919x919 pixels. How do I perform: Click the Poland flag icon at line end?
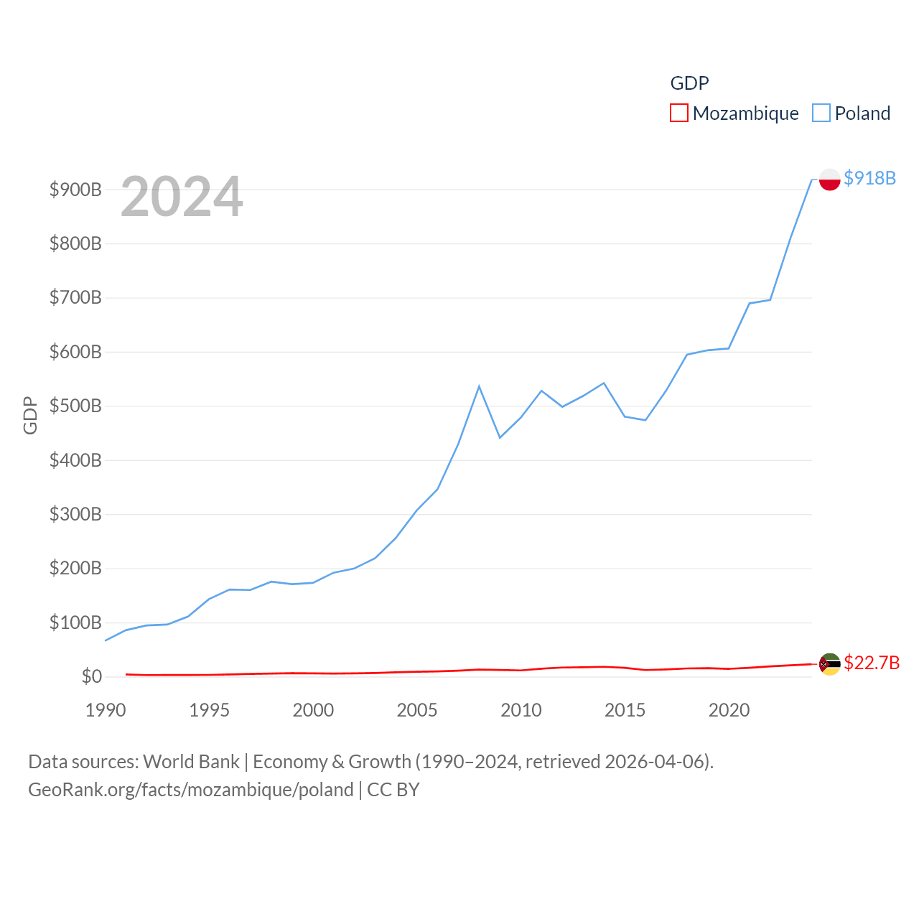point(829,179)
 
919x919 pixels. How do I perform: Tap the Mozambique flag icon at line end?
point(829,663)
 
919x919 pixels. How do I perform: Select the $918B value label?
point(869,178)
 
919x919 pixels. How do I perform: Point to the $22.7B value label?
point(871,663)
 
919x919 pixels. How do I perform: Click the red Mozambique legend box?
point(678,113)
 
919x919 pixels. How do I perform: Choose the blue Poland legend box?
point(821,113)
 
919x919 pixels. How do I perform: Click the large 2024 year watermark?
point(182,197)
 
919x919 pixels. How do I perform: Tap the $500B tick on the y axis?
point(75,406)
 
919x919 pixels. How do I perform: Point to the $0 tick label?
point(91,676)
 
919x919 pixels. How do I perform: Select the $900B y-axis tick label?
point(75,190)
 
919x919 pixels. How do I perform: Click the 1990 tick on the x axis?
point(106,710)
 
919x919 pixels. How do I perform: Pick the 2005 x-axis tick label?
point(417,710)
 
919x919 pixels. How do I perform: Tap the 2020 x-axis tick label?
point(729,710)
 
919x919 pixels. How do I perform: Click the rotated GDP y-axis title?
point(30,415)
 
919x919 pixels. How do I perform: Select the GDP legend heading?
point(689,83)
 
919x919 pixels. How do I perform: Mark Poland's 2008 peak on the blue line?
point(479,386)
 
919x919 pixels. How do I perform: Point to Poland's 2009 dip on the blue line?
point(500,437)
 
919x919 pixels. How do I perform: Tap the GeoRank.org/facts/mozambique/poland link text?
point(190,790)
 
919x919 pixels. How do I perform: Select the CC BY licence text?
point(393,790)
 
